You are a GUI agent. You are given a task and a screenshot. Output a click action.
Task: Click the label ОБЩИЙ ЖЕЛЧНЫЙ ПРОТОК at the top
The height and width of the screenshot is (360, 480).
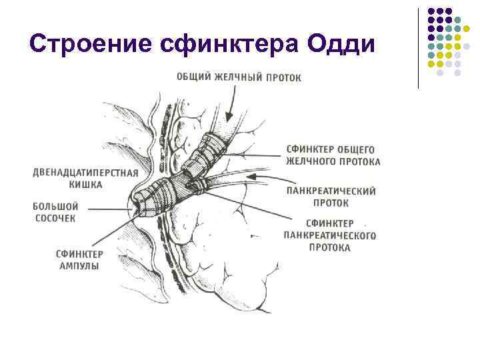[238, 77]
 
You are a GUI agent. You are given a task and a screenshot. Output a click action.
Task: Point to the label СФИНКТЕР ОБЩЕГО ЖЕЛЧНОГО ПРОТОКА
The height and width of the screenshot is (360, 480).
[333, 155]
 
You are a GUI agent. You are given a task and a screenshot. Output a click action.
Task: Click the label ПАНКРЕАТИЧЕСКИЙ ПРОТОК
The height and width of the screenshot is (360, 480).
[331, 195]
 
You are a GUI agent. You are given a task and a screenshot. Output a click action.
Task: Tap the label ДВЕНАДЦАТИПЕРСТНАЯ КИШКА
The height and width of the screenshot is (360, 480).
[85, 178]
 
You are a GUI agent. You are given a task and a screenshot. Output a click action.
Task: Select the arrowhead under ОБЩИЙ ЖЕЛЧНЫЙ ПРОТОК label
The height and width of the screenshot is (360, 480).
[226, 120]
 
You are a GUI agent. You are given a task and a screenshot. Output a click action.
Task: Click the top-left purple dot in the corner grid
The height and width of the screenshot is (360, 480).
[431, 11]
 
